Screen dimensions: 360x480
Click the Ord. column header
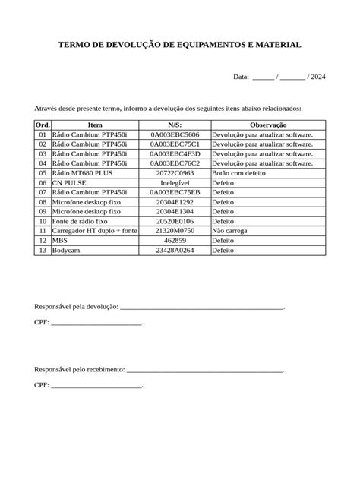click(x=43, y=124)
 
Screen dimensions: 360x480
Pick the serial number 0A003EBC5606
click(x=175, y=134)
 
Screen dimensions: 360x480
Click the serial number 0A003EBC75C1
click(x=175, y=144)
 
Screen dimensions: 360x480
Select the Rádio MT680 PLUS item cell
click(x=84, y=173)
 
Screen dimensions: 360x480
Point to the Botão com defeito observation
click(x=238, y=173)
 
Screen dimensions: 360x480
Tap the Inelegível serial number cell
click(x=175, y=183)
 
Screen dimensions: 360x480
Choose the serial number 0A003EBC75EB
click(x=175, y=193)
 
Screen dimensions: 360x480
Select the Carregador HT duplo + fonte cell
click(x=94, y=230)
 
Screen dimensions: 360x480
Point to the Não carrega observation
click(x=230, y=230)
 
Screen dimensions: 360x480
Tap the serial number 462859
click(x=175, y=240)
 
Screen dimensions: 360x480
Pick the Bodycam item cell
click(x=66, y=250)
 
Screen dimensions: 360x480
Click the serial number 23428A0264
click(x=175, y=250)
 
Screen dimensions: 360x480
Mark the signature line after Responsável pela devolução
click(x=202, y=308)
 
